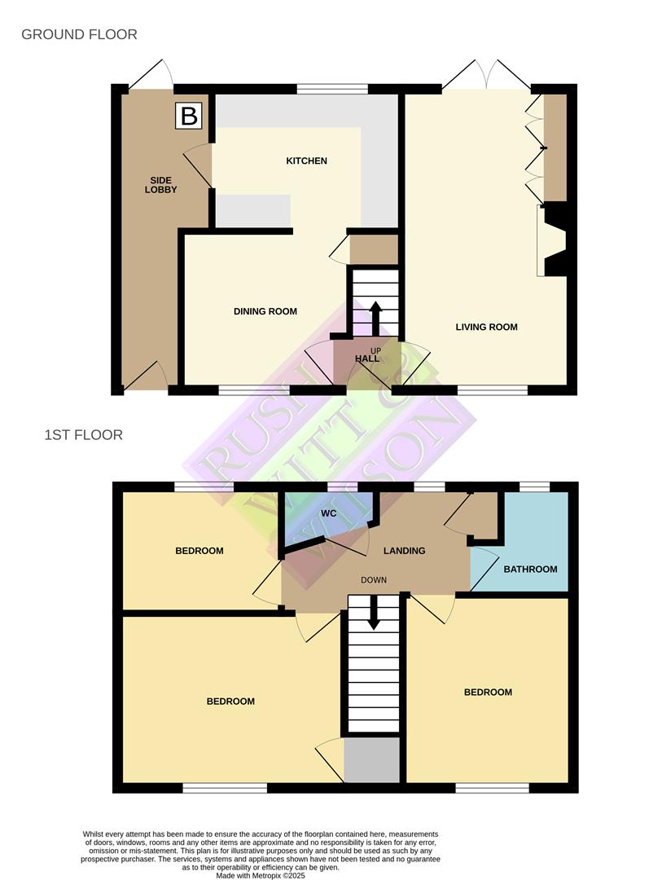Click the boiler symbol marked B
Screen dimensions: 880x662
pyautogui.click(x=189, y=116)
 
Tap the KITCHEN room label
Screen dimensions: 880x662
pyautogui.click(x=306, y=161)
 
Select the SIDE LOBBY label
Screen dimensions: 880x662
pyautogui.click(x=161, y=184)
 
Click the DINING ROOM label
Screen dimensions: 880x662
pyautogui.click(x=265, y=311)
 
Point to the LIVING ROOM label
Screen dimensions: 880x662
pyautogui.click(x=486, y=327)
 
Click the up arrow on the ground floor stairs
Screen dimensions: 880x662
pyautogui.click(x=375, y=317)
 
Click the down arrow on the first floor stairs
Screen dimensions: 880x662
pyautogui.click(x=374, y=613)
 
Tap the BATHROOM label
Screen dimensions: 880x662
pyautogui.click(x=530, y=569)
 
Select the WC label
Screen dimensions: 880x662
pyautogui.click(x=329, y=513)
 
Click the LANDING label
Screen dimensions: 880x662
pyautogui.click(x=405, y=551)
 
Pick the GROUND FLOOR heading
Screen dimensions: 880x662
pyautogui.click(x=79, y=34)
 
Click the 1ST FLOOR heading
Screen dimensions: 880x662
pyautogui.click(x=84, y=435)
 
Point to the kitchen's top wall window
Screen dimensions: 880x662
pyautogui.click(x=332, y=89)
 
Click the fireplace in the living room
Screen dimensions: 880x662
pyautogui.click(x=555, y=241)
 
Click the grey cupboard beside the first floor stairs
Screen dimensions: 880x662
pyautogui.click(x=371, y=759)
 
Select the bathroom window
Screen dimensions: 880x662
pyautogui.click(x=535, y=487)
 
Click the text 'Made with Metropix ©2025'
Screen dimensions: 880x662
pyautogui.click(x=261, y=875)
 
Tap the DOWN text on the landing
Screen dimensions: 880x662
pyautogui.click(x=374, y=580)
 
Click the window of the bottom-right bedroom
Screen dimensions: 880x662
pyautogui.click(x=492, y=788)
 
